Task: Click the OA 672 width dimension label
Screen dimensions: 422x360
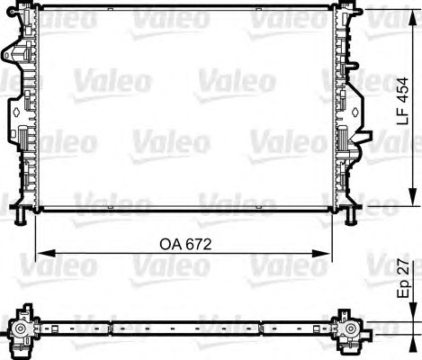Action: pos(185,245)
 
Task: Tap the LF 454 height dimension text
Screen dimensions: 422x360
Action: pos(403,101)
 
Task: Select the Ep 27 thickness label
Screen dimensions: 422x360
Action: pos(403,278)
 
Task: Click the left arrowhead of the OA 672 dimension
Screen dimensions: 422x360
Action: pos(46,254)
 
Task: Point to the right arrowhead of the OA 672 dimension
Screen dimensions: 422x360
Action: pos(321,254)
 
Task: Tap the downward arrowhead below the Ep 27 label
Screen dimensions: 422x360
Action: pos(413,312)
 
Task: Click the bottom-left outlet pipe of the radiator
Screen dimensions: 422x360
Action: pos(20,216)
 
